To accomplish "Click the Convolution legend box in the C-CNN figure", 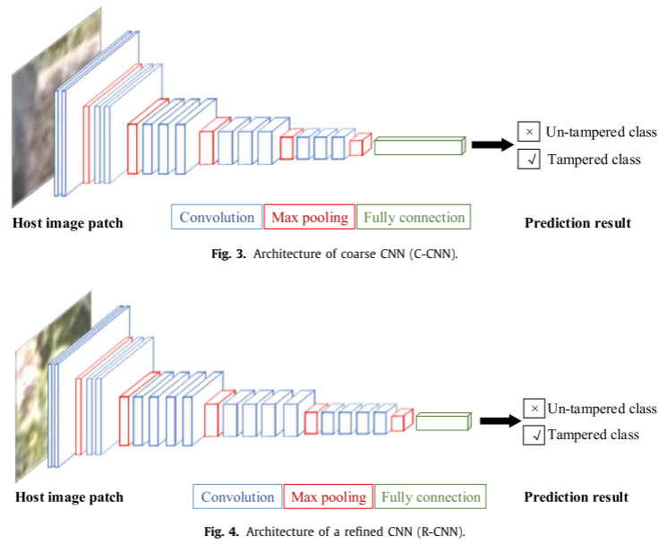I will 217,217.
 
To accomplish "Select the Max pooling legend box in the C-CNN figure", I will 309,217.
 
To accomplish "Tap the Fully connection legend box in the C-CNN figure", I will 413,217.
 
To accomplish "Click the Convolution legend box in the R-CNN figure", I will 237,497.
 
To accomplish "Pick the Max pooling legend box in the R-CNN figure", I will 329,497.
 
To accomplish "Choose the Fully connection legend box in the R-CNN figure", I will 431,497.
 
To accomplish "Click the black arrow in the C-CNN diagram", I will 491,145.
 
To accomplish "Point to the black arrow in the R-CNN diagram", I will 500,421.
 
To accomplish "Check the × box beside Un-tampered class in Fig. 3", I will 528,132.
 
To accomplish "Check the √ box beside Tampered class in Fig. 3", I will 528,160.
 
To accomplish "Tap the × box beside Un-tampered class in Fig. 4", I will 534,409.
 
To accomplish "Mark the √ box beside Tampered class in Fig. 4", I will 534,436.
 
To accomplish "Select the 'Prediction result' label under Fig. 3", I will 578,222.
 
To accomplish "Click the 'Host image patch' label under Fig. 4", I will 68,497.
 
